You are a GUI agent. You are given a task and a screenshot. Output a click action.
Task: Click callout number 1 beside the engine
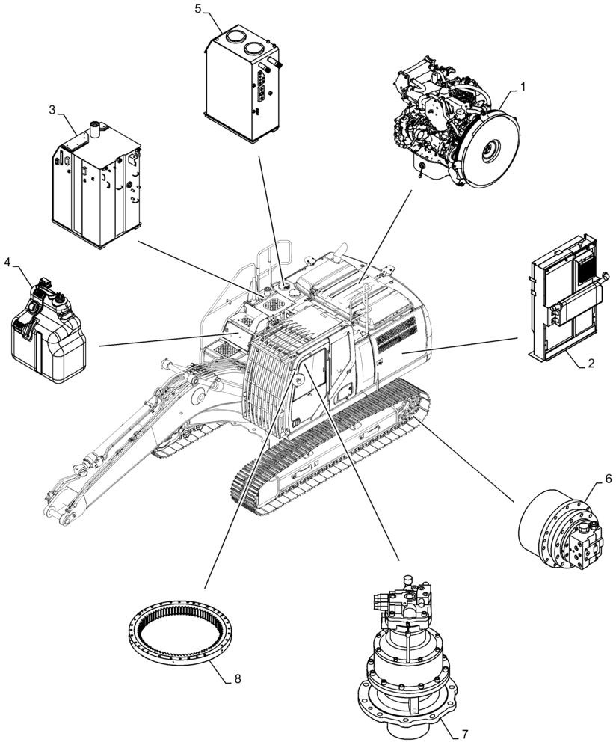[523, 87]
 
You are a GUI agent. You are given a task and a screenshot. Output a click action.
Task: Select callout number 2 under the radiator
[591, 364]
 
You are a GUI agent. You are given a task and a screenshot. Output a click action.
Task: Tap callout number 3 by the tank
[52, 110]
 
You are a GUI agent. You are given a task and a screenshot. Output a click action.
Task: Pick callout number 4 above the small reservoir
[7, 262]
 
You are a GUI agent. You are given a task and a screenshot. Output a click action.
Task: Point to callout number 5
[198, 9]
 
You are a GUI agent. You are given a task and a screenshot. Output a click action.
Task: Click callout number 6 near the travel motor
[587, 477]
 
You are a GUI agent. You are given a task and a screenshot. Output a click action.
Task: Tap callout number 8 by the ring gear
[237, 679]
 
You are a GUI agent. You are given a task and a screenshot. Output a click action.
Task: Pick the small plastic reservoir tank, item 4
[46, 327]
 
